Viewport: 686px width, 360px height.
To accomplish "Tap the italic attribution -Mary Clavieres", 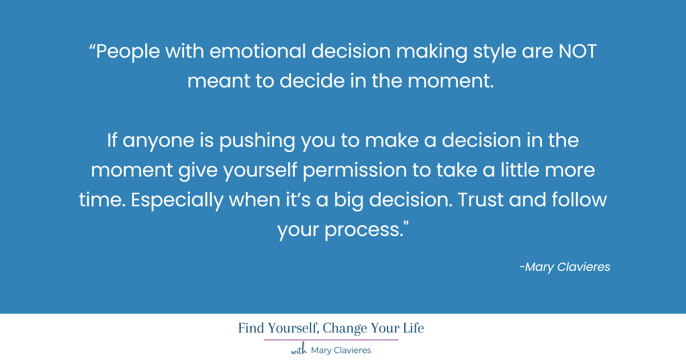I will point(564,267).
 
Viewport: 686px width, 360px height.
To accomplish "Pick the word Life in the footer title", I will point(411,329).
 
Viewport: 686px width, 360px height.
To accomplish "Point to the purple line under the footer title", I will point(331,339).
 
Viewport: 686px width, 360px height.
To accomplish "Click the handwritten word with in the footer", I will point(299,350).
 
